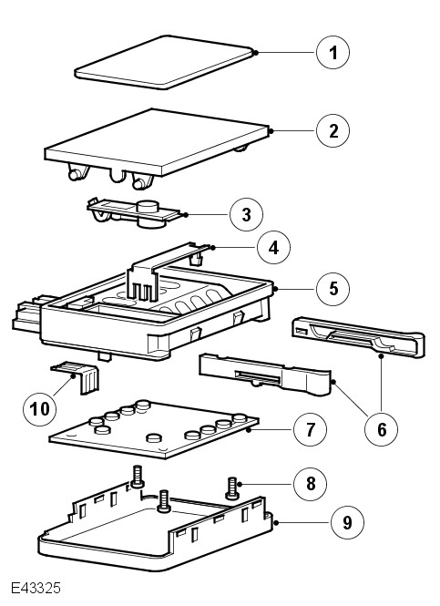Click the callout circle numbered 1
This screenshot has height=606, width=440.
333,53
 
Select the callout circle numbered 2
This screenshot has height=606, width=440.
333,130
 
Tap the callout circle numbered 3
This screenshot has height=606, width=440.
246,214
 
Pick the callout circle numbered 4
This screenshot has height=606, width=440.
274,247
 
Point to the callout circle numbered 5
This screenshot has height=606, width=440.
333,289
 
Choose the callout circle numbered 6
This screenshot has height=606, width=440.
382,428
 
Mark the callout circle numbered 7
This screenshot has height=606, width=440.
311,429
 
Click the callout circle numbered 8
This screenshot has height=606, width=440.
311,484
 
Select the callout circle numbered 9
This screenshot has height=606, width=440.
347,522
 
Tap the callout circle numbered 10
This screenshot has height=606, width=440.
40,408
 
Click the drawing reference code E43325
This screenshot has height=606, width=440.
36,588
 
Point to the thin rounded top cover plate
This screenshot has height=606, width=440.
164,62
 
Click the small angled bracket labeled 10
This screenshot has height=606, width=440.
77,377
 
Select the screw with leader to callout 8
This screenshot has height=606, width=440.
231,488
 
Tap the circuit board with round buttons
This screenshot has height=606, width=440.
154,429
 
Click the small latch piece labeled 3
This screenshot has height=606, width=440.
133,213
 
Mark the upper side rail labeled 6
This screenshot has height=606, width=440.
359,336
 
